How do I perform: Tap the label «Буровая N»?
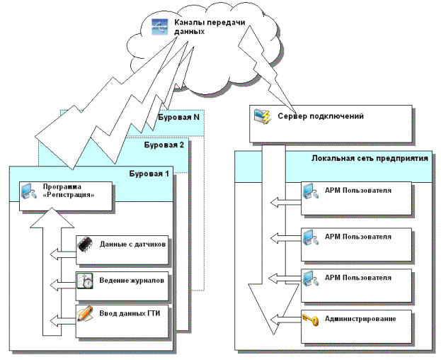(x=177, y=117)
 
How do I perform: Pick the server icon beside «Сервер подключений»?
(x=263, y=115)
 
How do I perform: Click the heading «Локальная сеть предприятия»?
(x=369, y=159)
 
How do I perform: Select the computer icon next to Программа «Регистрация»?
(x=27, y=191)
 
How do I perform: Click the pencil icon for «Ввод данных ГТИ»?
(x=84, y=313)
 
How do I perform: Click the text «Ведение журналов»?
(x=132, y=280)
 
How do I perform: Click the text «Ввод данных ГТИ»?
(x=129, y=313)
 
